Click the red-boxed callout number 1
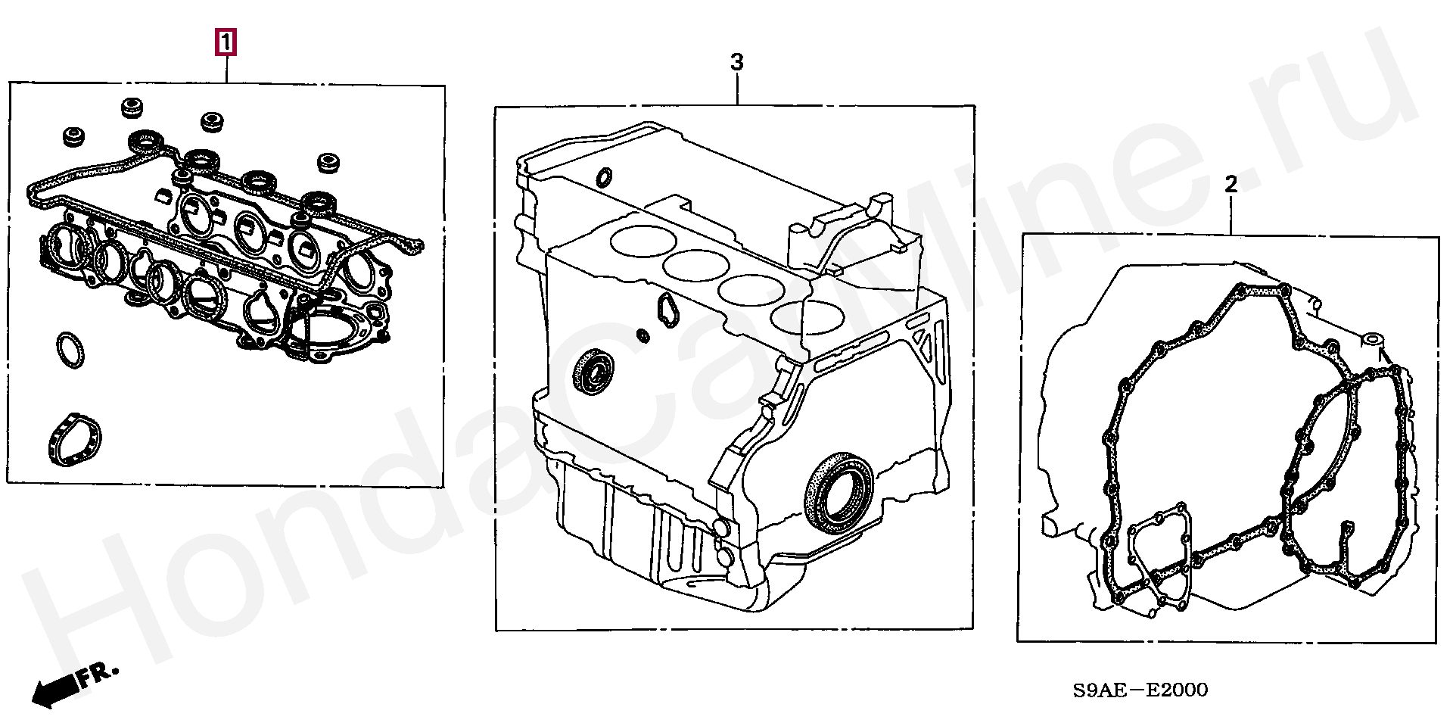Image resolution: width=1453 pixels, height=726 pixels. coord(226,43)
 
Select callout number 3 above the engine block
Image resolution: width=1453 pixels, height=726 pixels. coord(736,62)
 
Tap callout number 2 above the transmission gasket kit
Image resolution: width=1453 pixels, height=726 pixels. coord(1231,184)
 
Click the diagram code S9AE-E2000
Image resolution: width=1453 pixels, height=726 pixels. coord(1140,690)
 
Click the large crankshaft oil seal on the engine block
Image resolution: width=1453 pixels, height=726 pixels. coord(839,491)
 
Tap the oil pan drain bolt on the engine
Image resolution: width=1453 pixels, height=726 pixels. coord(721,528)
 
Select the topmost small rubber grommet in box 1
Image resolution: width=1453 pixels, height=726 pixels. coord(132,107)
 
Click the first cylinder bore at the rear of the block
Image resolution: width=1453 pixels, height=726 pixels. coord(641,239)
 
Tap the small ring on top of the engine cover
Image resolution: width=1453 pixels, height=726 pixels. coord(604,177)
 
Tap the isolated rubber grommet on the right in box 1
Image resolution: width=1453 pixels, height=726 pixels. coord(327,163)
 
